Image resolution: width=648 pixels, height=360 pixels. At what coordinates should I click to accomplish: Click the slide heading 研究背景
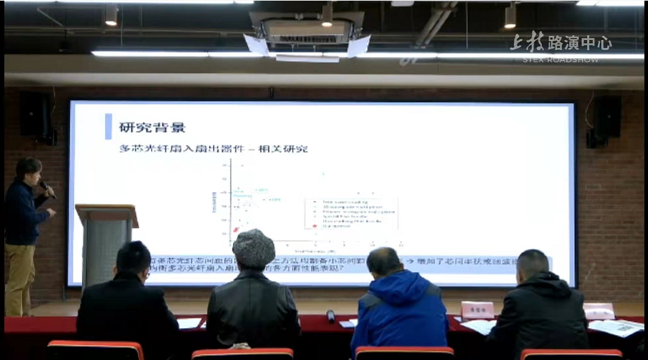point(152,127)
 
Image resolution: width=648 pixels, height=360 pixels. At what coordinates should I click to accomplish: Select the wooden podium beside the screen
point(106,237)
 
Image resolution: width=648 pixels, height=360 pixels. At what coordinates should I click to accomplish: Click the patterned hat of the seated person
point(253,247)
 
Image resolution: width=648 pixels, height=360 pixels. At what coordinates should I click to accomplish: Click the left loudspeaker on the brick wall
point(35,116)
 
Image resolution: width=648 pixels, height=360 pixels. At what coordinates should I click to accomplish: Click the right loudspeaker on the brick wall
point(607,118)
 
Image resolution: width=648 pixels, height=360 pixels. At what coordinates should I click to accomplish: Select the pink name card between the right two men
point(477,310)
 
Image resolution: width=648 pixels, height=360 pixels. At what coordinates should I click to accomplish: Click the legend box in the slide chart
point(350,215)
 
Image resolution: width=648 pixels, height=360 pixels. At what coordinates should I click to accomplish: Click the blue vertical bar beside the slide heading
point(108,127)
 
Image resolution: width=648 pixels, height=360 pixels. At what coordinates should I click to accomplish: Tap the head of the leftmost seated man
point(133,259)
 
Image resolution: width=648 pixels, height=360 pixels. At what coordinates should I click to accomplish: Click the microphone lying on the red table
point(330,316)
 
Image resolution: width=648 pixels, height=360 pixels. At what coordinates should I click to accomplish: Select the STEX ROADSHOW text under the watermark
point(561,60)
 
